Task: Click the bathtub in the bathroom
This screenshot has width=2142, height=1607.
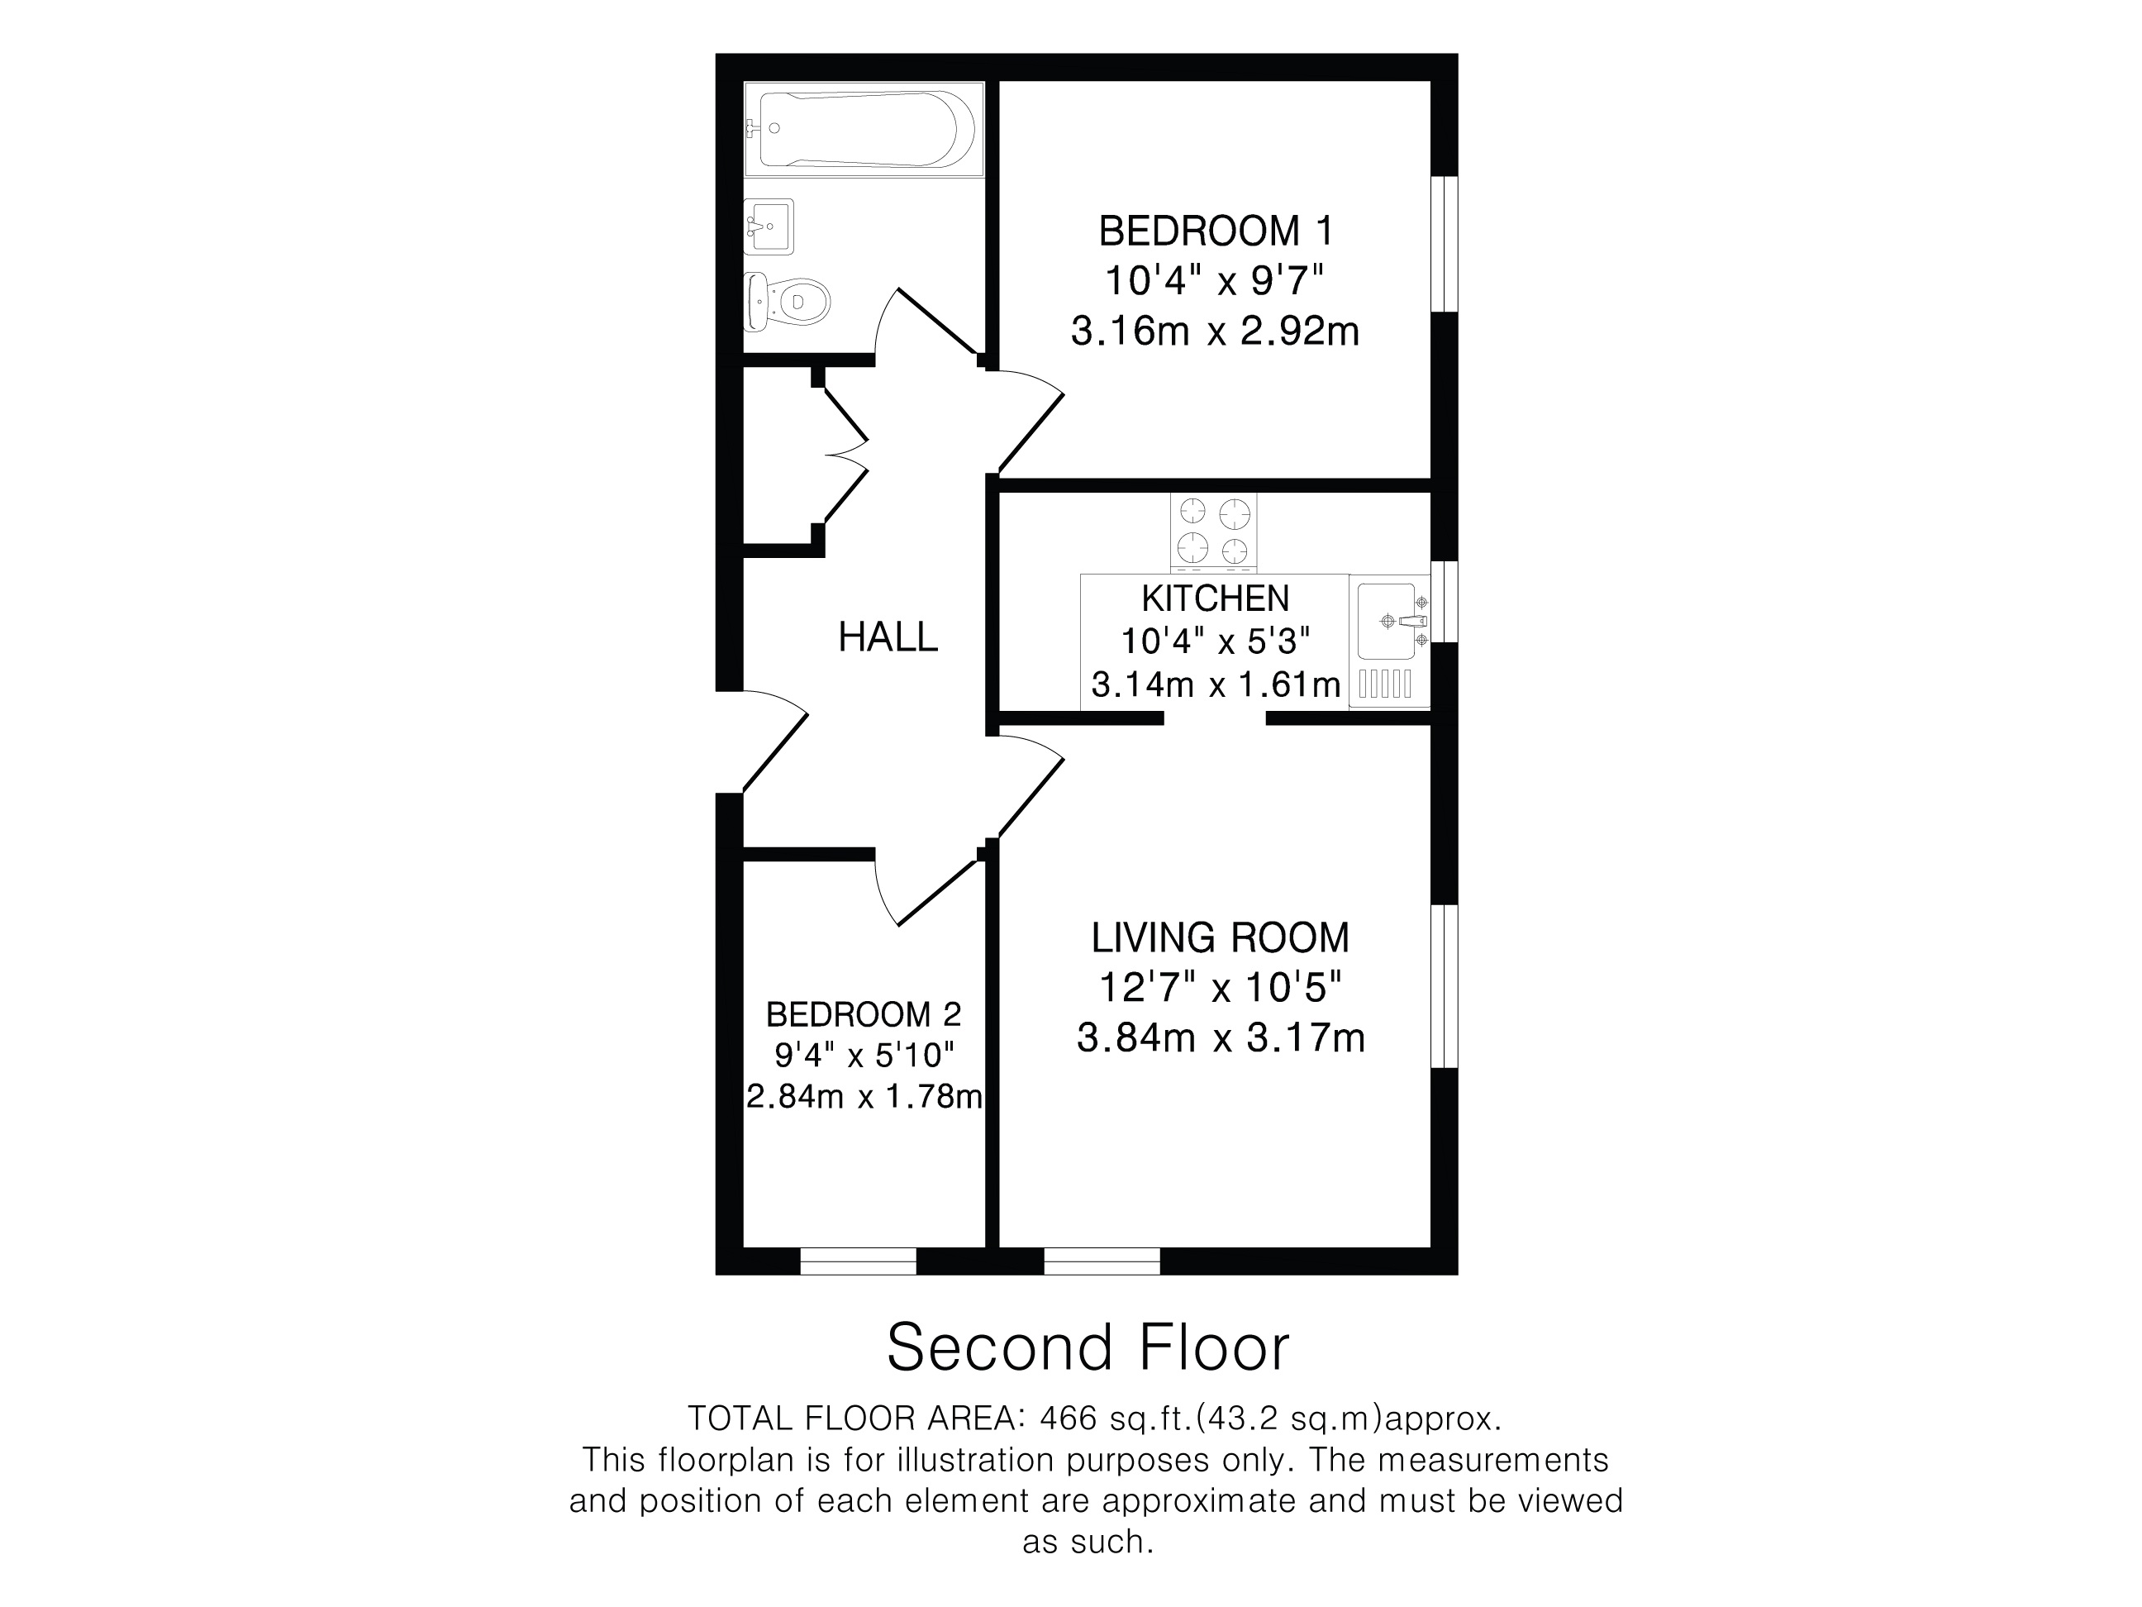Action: pyautogui.click(x=864, y=129)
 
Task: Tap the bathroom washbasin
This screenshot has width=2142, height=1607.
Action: pyautogui.click(x=769, y=227)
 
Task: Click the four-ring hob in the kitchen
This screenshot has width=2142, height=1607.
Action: pyautogui.click(x=1213, y=531)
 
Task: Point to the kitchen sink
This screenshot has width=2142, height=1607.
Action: pyautogui.click(x=1392, y=621)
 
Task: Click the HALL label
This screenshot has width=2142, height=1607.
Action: pyautogui.click(x=888, y=637)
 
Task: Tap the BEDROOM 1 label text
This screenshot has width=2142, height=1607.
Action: pyautogui.click(x=1216, y=231)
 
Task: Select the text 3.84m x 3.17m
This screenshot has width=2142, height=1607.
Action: pyautogui.click(x=1221, y=1037)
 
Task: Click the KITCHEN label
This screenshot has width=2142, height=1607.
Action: pyautogui.click(x=1216, y=598)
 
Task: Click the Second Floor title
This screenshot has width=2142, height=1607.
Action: pyautogui.click(x=1088, y=1347)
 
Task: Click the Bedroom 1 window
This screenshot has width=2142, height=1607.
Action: pyautogui.click(x=1445, y=244)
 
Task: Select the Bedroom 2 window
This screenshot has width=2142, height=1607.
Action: pyautogui.click(x=858, y=1261)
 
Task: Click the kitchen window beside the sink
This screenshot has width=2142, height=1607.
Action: pyautogui.click(x=1445, y=602)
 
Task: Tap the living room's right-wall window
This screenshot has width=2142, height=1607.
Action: pyautogui.click(x=1445, y=986)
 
